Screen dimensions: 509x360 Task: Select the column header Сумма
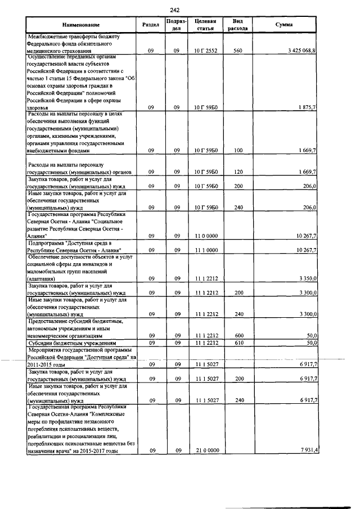[284, 25]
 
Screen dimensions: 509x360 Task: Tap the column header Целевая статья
[202, 25]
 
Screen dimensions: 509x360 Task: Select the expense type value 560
[237, 51]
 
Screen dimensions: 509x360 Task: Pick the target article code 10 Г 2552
[202, 51]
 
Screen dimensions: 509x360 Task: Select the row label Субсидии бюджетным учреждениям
[73, 342]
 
